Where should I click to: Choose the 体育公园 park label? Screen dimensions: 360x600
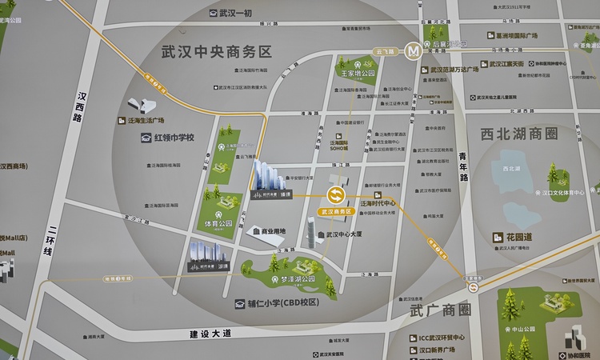click(x=218, y=225)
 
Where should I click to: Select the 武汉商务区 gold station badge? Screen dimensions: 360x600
click(x=335, y=212)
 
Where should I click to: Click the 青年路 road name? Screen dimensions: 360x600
click(x=463, y=168)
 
